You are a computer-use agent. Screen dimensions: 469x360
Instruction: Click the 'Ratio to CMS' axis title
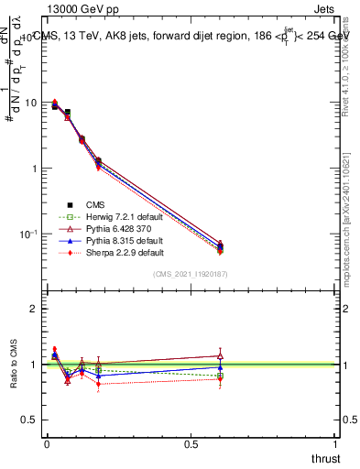tap(13, 365)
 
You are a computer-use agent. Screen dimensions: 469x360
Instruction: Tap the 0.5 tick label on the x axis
tap(191, 444)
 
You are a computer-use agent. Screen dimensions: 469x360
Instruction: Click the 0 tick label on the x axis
tap(47, 444)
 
